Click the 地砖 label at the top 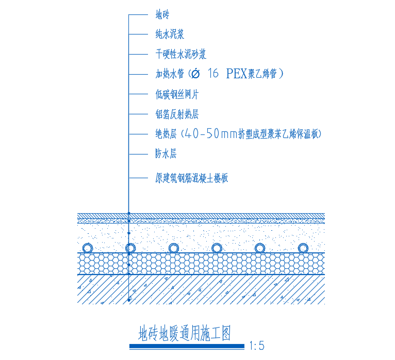pos(162,15)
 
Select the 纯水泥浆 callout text pos(170,35)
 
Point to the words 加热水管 pos(170,74)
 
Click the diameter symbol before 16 pos(195,74)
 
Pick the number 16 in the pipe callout pos(212,74)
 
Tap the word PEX pos(236,74)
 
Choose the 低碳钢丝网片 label pos(177,94)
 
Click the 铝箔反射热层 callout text pos(177,114)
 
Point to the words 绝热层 pos(166,134)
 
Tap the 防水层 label pos(166,154)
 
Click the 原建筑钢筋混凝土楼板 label pos(191,179)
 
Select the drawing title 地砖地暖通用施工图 pos(185,334)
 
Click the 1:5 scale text pos(256,346)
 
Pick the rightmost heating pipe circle pos(303,248)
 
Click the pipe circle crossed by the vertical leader pos(130,248)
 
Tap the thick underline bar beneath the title pos(187,347)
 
